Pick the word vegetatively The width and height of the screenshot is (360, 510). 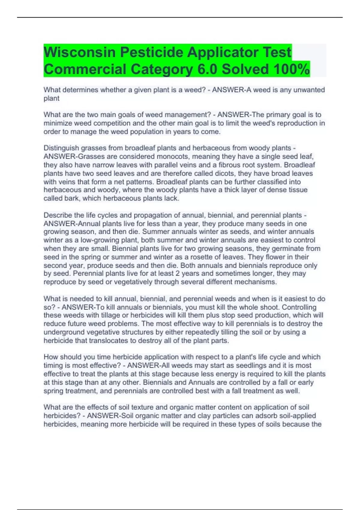[133, 282]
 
